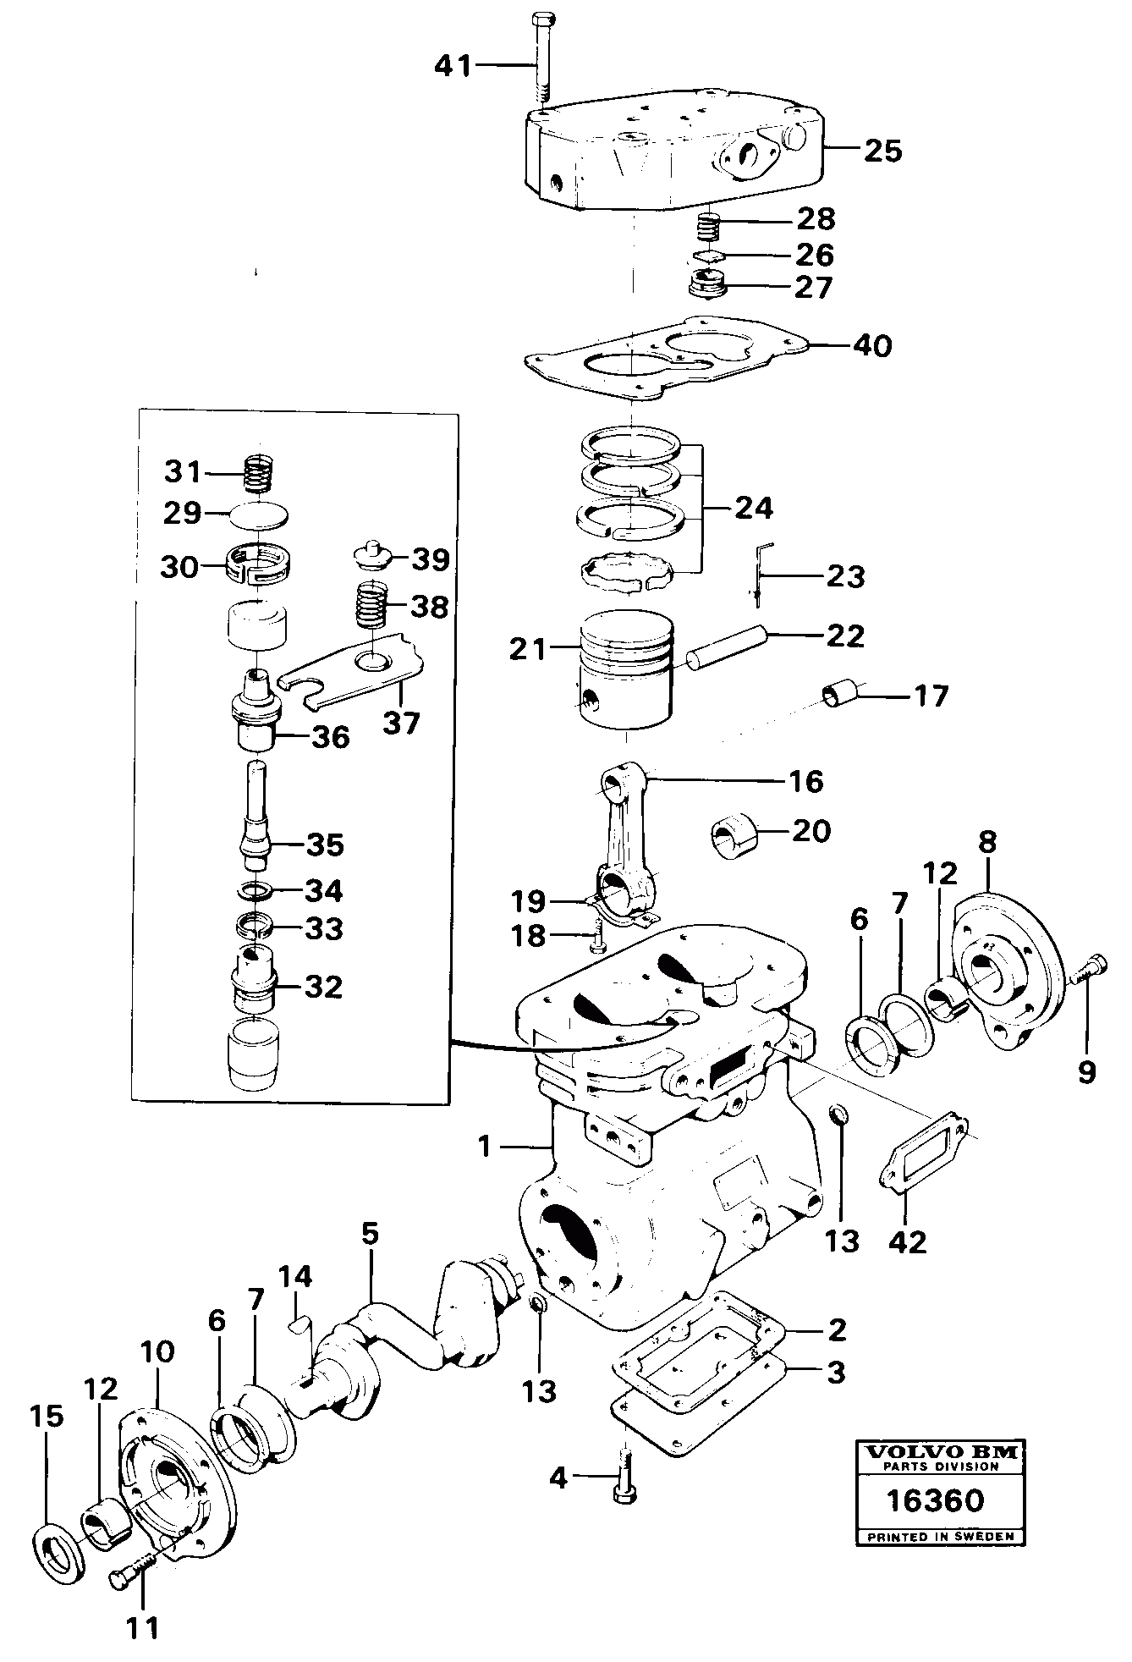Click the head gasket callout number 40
click(x=872, y=346)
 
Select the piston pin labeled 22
click(x=728, y=647)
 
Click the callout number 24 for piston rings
click(x=753, y=509)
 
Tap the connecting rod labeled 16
click(x=629, y=839)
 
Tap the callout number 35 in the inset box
click(x=324, y=845)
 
